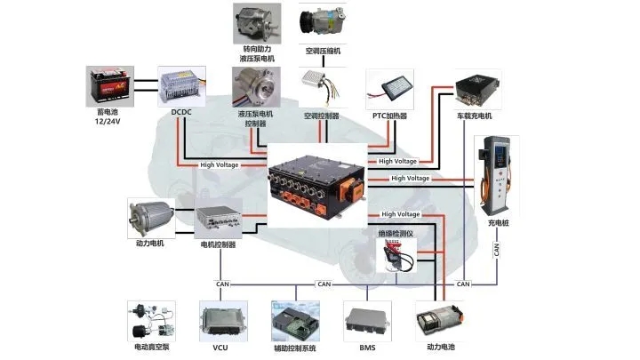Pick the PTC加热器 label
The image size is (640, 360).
click(391, 116)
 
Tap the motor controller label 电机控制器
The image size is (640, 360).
click(219, 244)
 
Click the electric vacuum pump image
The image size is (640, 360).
click(148, 321)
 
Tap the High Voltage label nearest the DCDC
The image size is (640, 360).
click(218, 164)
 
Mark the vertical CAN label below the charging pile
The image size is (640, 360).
click(497, 250)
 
